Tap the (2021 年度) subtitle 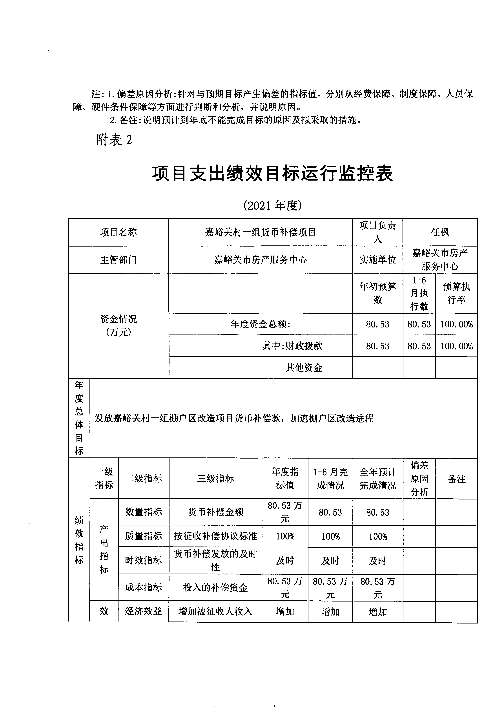(272, 205)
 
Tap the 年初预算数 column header (378, 293)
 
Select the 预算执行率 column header (456, 293)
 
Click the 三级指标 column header (215, 479)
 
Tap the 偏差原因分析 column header (419, 479)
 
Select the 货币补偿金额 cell (215, 512)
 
